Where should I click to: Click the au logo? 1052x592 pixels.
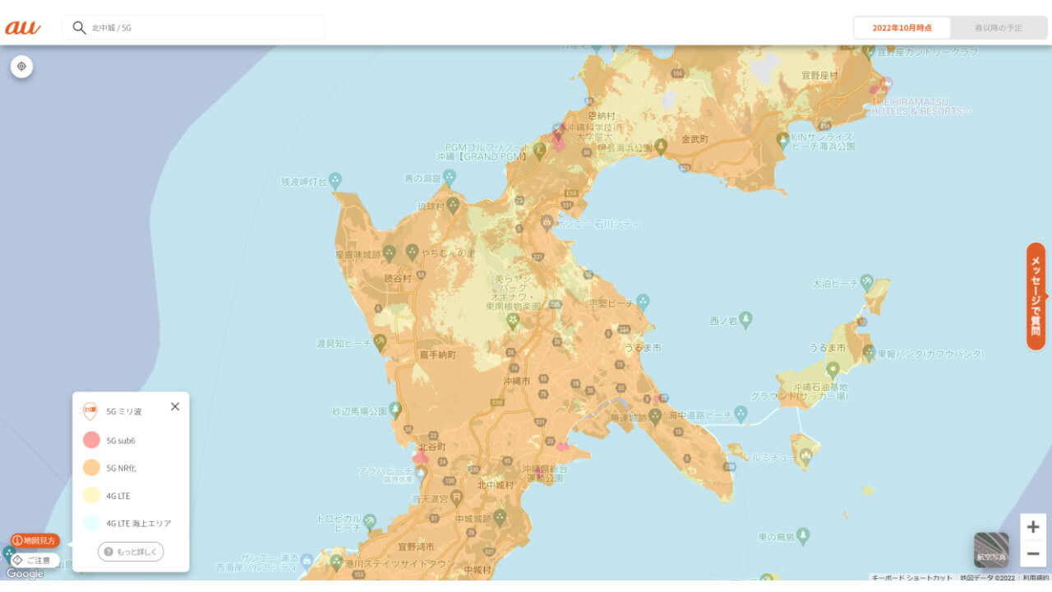[23, 27]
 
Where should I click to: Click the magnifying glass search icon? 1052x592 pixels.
[79, 27]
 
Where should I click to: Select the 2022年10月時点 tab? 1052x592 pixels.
[902, 28]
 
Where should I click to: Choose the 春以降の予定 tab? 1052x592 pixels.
[999, 28]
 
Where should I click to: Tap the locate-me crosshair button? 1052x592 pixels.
[21, 66]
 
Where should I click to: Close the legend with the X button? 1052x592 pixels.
[174, 406]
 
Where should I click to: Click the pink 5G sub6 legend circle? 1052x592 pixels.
[91, 441]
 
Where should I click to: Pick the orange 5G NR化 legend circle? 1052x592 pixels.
[91, 468]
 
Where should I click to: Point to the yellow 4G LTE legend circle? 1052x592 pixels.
[91, 496]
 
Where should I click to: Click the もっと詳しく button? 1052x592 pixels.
[131, 552]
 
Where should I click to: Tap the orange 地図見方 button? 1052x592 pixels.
[35, 540]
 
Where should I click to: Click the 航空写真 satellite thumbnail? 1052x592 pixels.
[991, 549]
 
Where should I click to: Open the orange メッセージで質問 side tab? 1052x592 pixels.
[1036, 296]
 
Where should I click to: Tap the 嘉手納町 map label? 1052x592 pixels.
[437, 355]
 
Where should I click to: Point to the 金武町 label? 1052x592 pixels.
[694, 140]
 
